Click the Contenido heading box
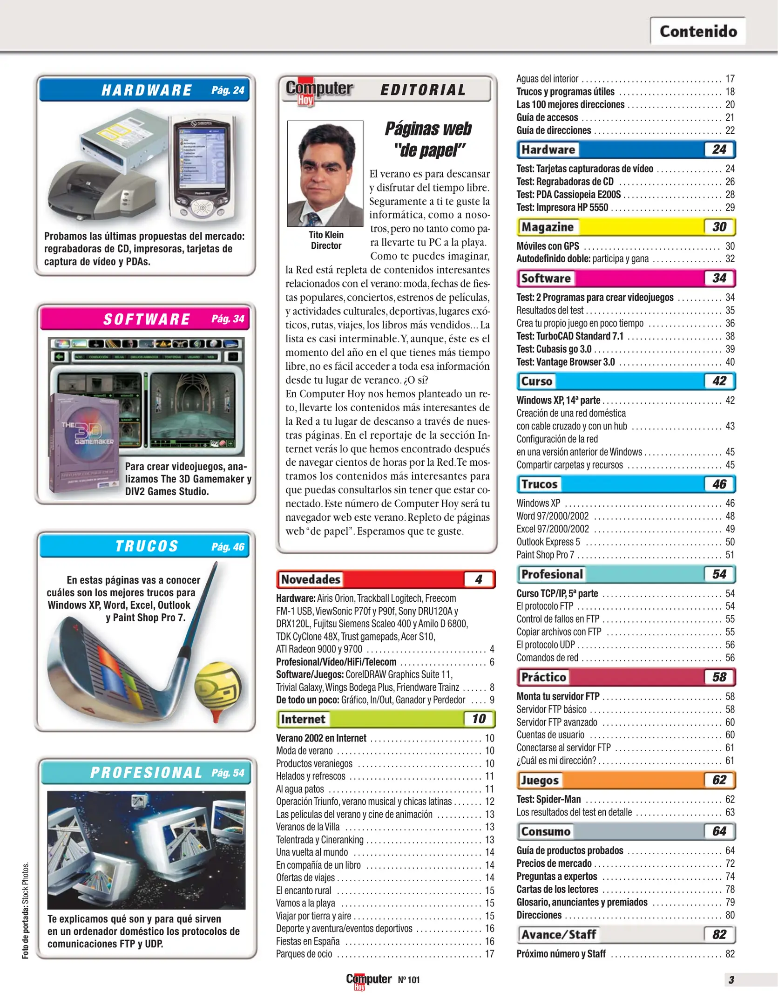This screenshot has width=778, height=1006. tap(697, 31)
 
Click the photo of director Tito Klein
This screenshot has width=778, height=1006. tap(325, 173)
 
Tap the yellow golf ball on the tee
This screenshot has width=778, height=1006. tap(217, 687)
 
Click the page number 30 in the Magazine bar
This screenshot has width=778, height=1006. tap(719, 227)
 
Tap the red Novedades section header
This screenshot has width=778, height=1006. tap(311, 579)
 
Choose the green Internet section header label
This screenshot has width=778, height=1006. tap(303, 719)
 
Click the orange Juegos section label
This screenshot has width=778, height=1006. tap(540, 780)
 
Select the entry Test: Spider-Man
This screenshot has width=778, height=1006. tap(548, 799)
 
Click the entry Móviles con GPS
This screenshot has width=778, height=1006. tap(548, 246)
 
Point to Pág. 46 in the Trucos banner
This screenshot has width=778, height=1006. tap(228, 547)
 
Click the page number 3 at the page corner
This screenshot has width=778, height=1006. tap(731, 980)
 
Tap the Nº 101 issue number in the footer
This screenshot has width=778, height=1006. tap(409, 980)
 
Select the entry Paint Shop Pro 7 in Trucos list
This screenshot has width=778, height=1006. tap(545, 555)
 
